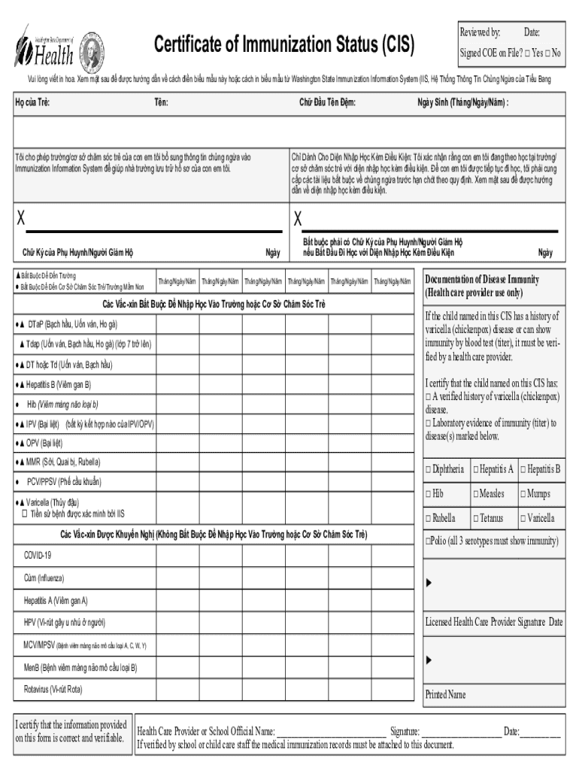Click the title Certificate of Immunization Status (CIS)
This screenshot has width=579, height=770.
tap(284, 46)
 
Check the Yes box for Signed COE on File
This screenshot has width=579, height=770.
tap(529, 53)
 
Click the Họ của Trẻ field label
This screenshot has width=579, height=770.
tap(32, 102)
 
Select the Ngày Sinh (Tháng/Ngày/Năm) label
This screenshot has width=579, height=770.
tap(462, 102)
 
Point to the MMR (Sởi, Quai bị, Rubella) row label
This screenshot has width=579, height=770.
tap(63, 462)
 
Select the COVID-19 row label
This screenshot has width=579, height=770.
tap(38, 555)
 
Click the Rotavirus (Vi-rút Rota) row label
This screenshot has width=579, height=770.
tap(53, 688)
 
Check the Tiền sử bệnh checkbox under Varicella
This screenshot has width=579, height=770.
tap(24, 514)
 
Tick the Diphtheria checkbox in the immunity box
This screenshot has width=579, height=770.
tap(428, 470)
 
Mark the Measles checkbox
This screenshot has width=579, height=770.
tap(475, 494)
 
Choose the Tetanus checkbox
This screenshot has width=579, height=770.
tap(475, 518)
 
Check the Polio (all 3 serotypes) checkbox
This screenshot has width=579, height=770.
tap(428, 541)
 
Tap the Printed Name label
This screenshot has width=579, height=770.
tap(445, 695)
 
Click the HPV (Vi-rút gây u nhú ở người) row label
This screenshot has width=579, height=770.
tap(64, 623)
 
